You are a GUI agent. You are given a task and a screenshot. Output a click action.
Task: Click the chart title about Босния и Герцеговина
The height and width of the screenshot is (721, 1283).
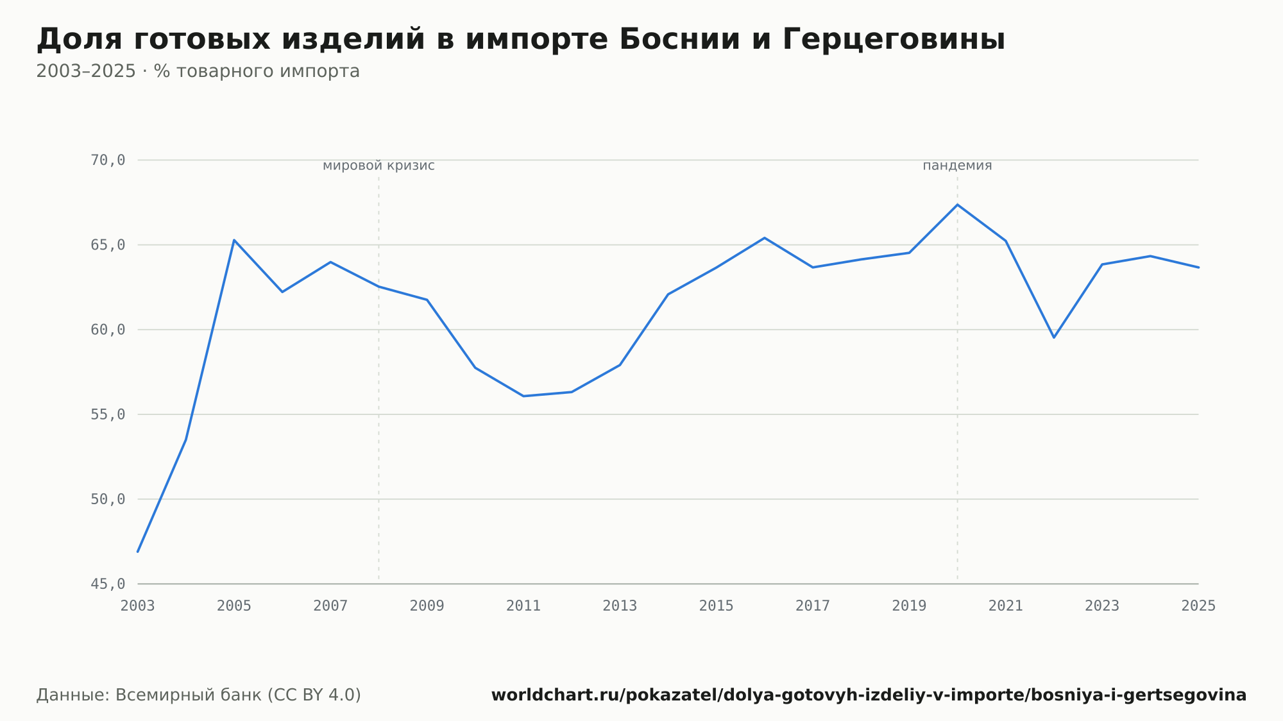click(520, 40)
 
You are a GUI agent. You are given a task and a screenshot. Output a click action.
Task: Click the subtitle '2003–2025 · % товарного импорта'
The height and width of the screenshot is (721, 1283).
click(198, 71)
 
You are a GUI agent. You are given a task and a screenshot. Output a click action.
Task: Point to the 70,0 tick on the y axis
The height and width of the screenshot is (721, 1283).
click(108, 160)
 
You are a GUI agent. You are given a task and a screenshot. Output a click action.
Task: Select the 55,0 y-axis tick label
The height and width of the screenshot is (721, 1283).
click(108, 414)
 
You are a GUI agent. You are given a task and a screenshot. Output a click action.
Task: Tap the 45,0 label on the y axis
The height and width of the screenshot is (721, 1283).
click(108, 584)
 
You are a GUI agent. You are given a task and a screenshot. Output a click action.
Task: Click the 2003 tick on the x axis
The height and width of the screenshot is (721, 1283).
click(138, 606)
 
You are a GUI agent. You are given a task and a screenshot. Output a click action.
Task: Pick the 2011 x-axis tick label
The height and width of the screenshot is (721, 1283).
click(523, 606)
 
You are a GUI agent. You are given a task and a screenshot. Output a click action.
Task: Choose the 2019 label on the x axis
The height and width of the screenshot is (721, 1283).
click(909, 606)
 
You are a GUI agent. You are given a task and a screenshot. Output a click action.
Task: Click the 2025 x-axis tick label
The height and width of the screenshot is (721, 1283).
click(1198, 606)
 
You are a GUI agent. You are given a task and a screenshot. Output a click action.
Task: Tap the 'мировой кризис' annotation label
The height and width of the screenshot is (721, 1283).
click(378, 165)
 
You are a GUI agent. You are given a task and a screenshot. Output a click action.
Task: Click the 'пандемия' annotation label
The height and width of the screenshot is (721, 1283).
click(957, 165)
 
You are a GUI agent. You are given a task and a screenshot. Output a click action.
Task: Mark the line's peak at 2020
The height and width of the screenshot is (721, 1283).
click(957, 205)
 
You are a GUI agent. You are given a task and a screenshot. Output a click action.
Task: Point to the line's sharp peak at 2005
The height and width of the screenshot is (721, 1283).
click(234, 240)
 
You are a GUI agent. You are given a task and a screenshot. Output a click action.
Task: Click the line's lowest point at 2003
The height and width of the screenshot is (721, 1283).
click(138, 552)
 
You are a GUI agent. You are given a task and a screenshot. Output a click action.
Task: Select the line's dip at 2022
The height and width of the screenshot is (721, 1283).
click(1054, 337)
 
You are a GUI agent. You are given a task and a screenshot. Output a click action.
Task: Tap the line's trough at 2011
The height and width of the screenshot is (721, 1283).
click(523, 396)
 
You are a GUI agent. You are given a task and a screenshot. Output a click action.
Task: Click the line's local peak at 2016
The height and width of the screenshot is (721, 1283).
click(765, 238)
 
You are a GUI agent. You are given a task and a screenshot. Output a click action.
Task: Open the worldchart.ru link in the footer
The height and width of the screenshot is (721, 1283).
click(869, 695)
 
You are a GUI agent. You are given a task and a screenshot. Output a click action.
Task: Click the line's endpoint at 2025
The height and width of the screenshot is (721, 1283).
click(1198, 267)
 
